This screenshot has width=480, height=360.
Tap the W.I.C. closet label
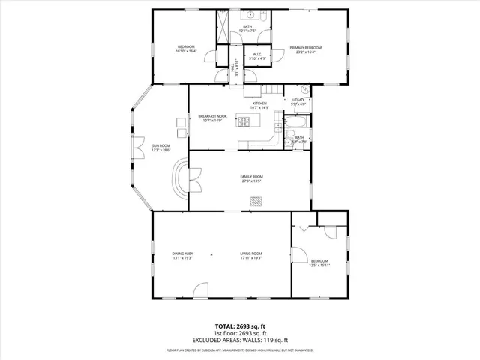pos(256,54)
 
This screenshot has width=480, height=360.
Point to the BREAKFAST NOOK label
pos(212,116)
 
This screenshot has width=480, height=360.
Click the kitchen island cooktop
pos(244,120)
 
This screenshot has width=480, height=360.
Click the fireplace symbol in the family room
pos(256,200)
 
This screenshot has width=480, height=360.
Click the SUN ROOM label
pos(161,145)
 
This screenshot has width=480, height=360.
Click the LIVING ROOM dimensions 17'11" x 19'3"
pos(251,258)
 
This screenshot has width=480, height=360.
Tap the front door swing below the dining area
pos(199,291)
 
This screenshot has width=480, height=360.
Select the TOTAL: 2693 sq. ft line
pos(240,325)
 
